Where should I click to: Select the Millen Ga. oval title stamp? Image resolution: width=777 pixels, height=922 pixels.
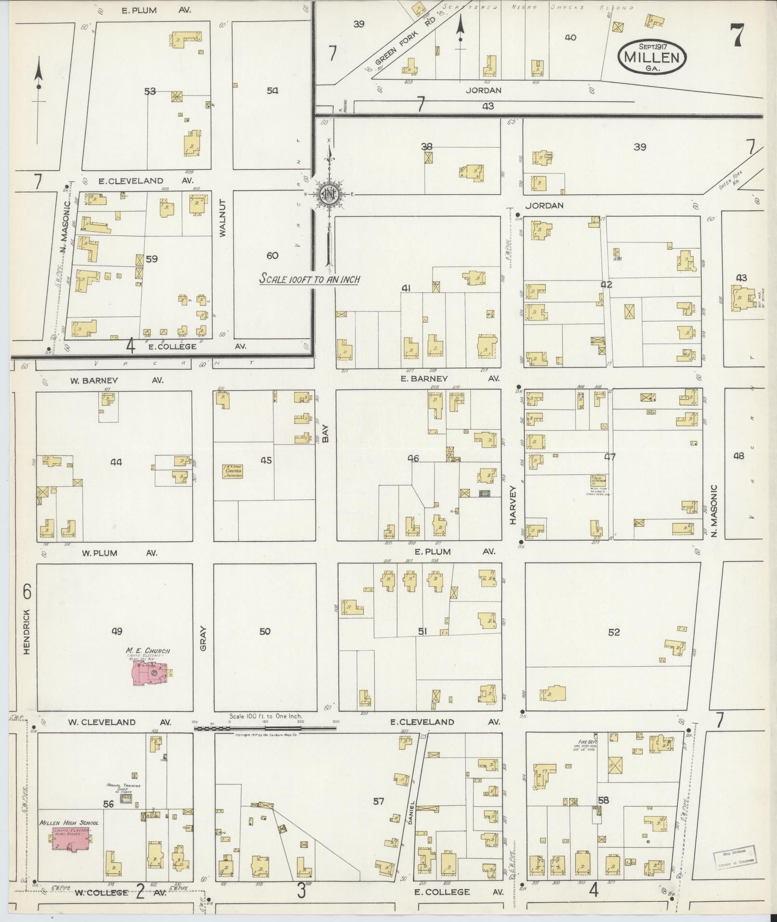point(653,57)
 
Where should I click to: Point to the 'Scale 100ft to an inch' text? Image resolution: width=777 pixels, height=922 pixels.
point(309,279)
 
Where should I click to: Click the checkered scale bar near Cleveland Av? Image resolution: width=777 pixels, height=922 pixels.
point(265,728)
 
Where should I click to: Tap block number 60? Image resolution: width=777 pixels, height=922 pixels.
point(272,255)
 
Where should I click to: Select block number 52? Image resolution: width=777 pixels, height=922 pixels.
point(614,632)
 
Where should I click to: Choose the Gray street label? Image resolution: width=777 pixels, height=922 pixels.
point(203,638)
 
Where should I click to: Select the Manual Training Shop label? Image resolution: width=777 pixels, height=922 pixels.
point(123,788)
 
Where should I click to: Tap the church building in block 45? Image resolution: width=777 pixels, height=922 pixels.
point(233,471)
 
